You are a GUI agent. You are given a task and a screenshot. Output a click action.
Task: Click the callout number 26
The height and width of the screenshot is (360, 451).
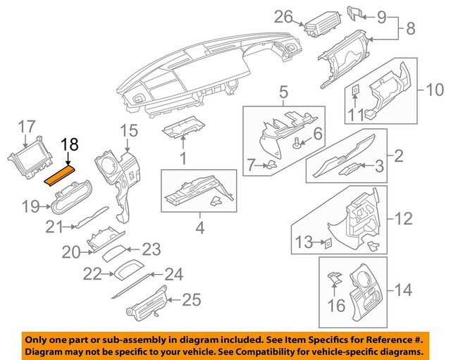pyautogui.click(x=283, y=15)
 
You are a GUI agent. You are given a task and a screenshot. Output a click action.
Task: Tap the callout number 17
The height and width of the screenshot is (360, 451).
pyautogui.click(x=26, y=127)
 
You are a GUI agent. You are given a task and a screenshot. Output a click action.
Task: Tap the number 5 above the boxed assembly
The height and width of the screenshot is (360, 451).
pyautogui.click(x=284, y=92)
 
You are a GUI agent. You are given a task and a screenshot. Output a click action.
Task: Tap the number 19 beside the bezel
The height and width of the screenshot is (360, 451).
pyautogui.click(x=29, y=206)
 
